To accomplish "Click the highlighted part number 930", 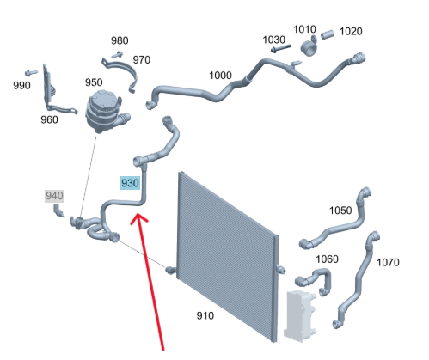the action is pos(130,183).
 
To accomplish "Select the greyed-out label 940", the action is pos(54,196).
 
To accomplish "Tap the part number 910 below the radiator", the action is pos(205,315).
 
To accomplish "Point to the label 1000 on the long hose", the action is pos(220,76).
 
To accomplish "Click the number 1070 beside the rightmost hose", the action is pos(388,262).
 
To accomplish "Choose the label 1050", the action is pos(340,211).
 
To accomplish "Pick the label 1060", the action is pos(327,259).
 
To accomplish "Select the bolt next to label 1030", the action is pos(281,48).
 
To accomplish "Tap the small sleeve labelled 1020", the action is pos(328,34).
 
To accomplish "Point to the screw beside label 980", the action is pos(117,54).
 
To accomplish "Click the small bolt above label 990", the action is pos(31,73).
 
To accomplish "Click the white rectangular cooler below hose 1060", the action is pos(300,315).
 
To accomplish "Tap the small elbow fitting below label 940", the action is pos(58,211).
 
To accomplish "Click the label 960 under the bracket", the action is pos(49,119).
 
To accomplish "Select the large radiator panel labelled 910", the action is pos(228,256).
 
